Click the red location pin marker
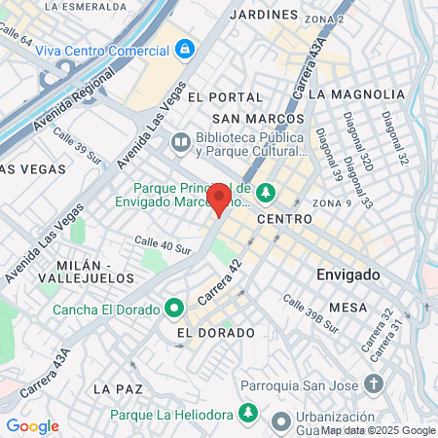(x=219, y=200)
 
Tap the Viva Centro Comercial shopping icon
(x=184, y=47)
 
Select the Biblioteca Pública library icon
(x=180, y=143)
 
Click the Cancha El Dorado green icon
(x=174, y=310)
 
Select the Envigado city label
(x=349, y=275)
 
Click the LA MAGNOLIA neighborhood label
(x=355, y=94)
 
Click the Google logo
(x=32, y=426)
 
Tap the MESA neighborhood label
(x=347, y=308)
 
